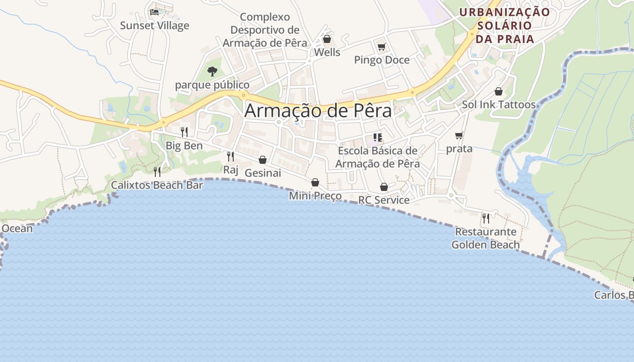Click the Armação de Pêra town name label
tap(318, 111)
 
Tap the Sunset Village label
tap(154, 25)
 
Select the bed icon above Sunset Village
tap(154, 12)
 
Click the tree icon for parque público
tap(212, 71)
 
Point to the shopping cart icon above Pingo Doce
tap(381, 47)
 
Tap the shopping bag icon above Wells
tap(327, 39)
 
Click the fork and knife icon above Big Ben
tap(184, 132)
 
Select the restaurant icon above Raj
tap(231, 157)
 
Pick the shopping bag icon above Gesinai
tap(263, 160)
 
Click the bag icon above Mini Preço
tap(315, 182)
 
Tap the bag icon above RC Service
tap(384, 187)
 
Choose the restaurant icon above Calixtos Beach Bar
tap(157, 171)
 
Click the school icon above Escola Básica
tap(378, 137)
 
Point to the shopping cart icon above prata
tap(459, 135)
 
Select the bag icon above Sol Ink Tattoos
tap(499, 91)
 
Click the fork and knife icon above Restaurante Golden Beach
tap(485, 219)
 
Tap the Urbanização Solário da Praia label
tap(505, 25)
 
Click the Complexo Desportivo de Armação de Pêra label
tap(265, 30)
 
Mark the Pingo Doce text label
tap(382, 60)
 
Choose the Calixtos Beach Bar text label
tap(157, 185)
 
